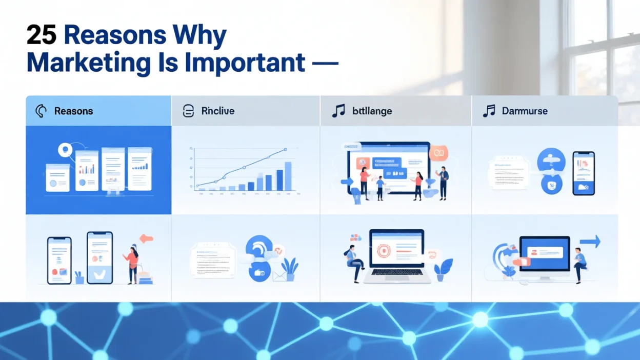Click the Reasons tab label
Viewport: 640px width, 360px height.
(73, 111)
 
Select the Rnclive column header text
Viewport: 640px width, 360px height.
(218, 111)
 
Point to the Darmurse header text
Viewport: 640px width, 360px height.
(524, 111)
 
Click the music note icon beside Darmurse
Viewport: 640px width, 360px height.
(489, 111)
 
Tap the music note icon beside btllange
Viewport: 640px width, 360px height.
(338, 111)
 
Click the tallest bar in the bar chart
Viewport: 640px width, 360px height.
(288, 176)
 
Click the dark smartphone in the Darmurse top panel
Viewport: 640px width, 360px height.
(583, 173)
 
